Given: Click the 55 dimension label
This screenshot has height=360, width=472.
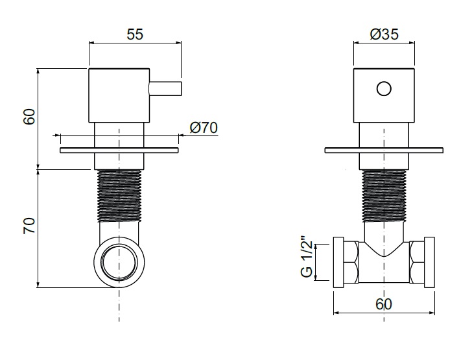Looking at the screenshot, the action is pyautogui.click(x=135, y=34).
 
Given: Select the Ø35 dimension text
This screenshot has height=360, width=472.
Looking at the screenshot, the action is pyautogui.click(x=384, y=34).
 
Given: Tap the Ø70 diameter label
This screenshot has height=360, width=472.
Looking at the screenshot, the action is pyautogui.click(x=204, y=128).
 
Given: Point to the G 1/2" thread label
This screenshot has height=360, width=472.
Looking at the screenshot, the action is pyautogui.click(x=307, y=256).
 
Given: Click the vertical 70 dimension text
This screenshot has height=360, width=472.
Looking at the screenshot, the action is pyautogui.click(x=29, y=226).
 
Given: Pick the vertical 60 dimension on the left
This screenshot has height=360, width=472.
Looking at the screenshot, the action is pyautogui.click(x=29, y=117).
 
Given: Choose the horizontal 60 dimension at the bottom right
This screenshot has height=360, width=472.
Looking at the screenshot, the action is pyautogui.click(x=384, y=304).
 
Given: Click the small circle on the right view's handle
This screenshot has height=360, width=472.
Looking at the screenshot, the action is pyautogui.click(x=384, y=89).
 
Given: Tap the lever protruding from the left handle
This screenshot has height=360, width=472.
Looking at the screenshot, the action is pyautogui.click(x=165, y=89).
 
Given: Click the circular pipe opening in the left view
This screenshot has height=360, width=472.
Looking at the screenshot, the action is pyautogui.click(x=119, y=261).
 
